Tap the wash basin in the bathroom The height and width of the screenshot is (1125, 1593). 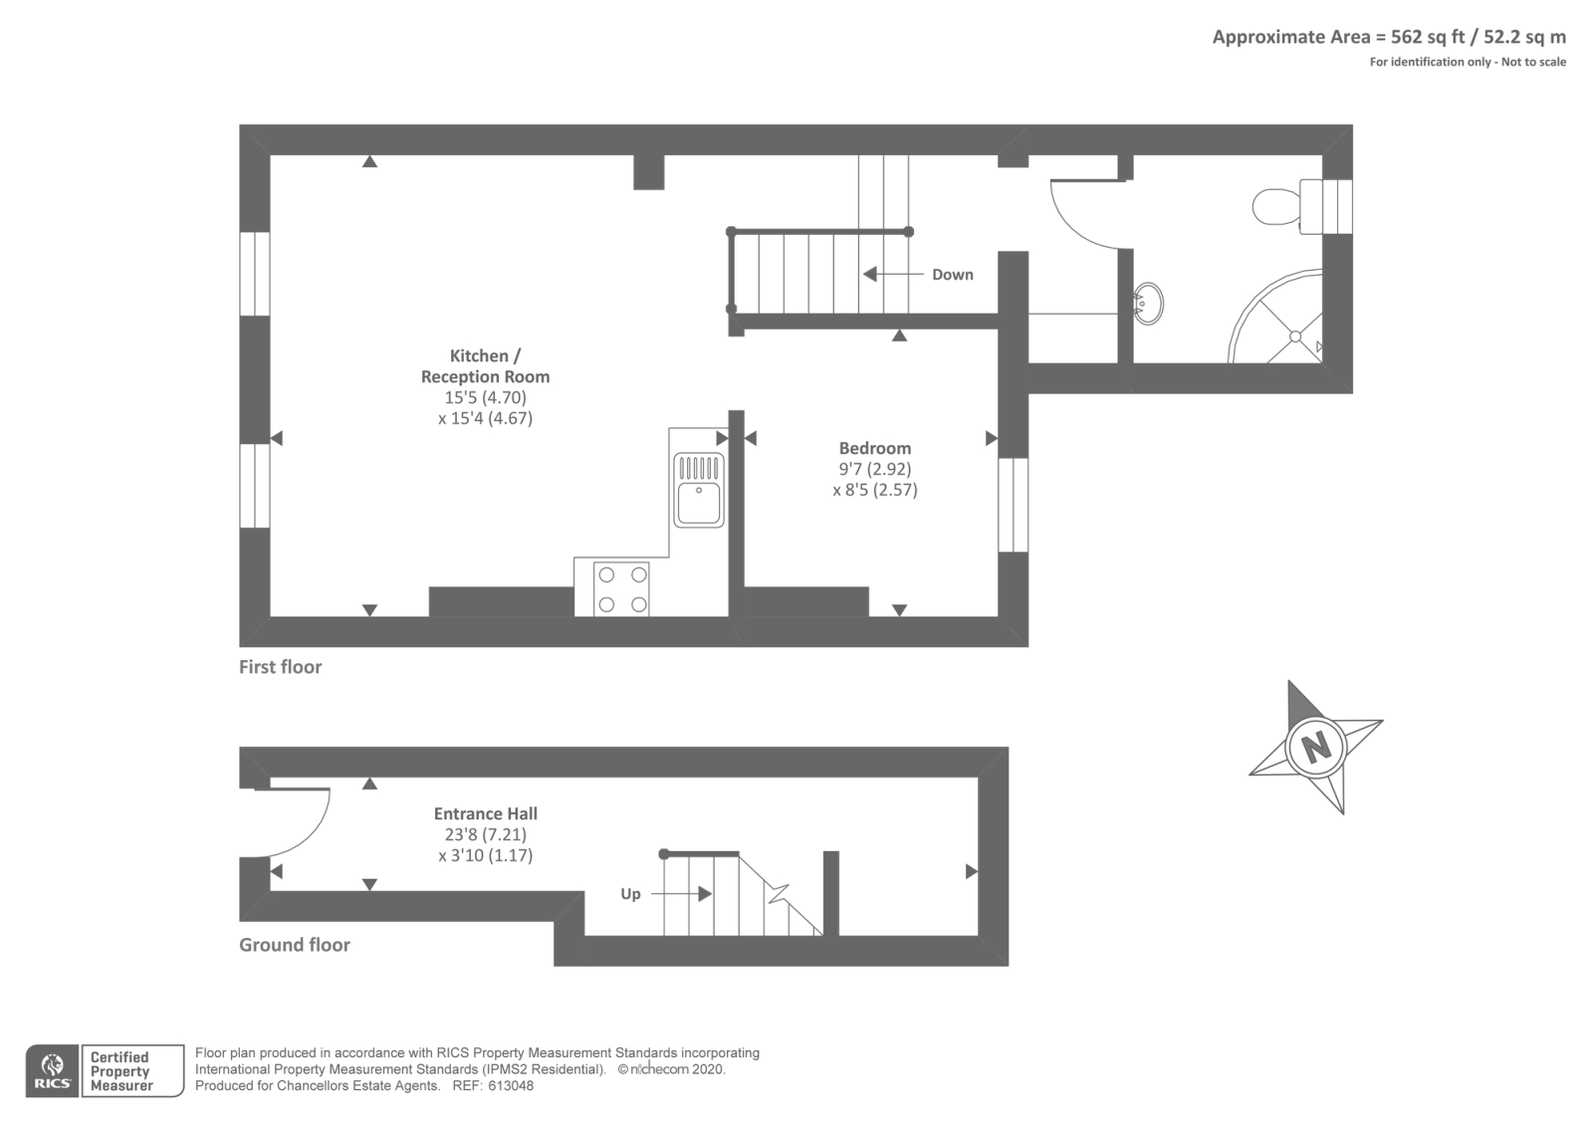1149,303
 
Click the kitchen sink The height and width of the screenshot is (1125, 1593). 699,490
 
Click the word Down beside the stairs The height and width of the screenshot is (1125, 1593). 952,275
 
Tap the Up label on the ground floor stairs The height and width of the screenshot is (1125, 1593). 630,894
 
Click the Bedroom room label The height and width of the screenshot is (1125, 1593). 874,448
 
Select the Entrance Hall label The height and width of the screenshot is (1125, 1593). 485,813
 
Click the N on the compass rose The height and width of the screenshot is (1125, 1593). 1316,746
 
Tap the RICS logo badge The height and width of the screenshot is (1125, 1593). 52,1071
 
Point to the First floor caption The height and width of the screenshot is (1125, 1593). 280,667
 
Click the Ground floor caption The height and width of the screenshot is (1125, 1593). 294,945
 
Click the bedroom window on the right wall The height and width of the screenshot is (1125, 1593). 1013,504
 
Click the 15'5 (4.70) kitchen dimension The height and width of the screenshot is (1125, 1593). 485,397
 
